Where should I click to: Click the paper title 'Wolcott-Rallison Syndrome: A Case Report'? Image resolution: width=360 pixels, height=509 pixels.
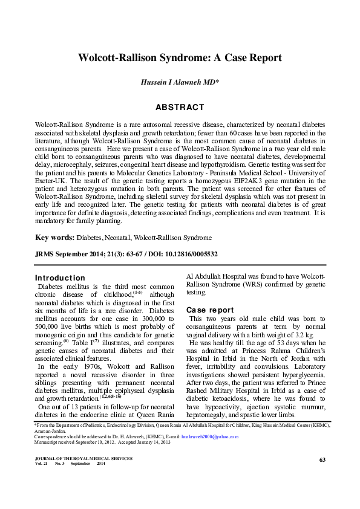point(180,58)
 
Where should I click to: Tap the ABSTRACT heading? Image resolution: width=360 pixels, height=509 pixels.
point(180,107)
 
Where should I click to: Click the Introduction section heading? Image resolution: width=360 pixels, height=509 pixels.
point(60,277)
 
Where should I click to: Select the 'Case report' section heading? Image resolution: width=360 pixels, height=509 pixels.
point(210,310)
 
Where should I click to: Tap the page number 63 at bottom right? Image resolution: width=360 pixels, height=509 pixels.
point(322,461)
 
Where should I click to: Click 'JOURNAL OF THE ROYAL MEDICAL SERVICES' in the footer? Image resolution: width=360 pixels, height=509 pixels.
point(84,459)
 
